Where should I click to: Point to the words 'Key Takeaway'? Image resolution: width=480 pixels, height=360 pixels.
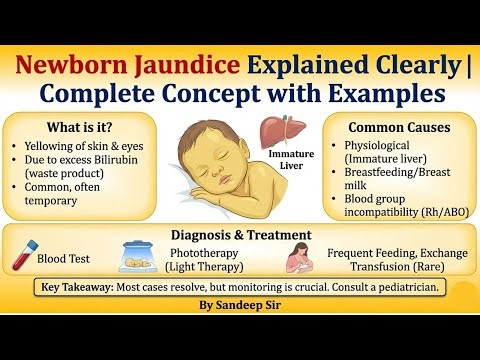[x=80, y=287]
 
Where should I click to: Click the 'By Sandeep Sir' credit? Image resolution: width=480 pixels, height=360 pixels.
[x=240, y=306]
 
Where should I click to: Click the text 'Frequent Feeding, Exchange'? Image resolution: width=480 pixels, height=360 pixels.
[x=396, y=252]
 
